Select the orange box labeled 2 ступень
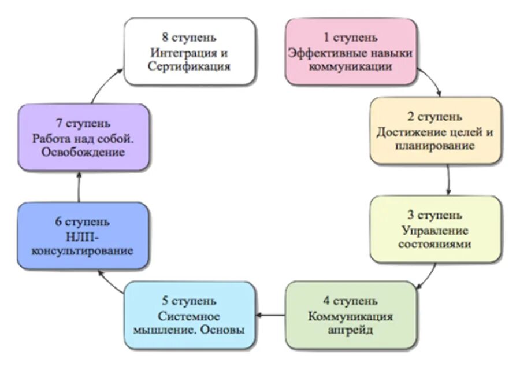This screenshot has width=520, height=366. tap(435, 131)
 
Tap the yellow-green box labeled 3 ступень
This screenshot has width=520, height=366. tap(435, 230)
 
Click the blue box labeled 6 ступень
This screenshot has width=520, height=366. tap(83, 236)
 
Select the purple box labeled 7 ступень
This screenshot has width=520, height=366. tap(84, 138)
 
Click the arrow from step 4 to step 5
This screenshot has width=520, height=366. tap(270, 316)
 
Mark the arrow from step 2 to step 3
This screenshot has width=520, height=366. tap(448, 180)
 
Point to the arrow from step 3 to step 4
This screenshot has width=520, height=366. tap(428, 276)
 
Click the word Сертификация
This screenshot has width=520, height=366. tap(189, 66)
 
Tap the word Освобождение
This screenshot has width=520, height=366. tap(84, 153)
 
